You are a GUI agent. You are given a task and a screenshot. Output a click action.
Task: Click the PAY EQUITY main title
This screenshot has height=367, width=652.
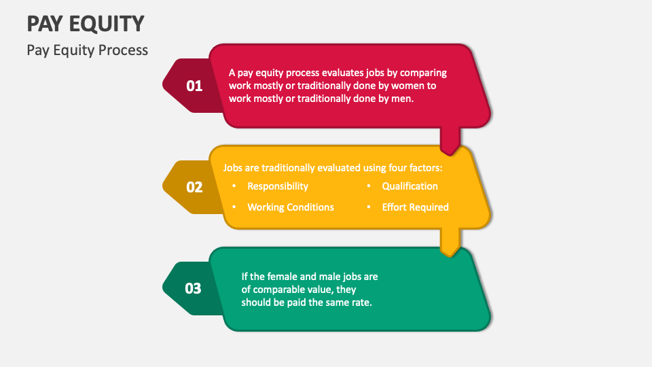(x=86, y=23)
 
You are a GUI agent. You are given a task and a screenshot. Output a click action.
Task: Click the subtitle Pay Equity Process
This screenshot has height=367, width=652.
(x=87, y=50)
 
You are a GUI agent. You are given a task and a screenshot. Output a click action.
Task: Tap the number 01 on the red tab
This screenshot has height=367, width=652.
(x=194, y=86)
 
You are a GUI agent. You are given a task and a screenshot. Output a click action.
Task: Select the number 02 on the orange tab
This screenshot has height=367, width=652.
(x=194, y=187)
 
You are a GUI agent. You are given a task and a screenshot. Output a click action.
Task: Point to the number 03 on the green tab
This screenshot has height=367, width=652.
(x=194, y=288)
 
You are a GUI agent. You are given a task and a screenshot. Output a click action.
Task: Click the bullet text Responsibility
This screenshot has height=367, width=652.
(x=277, y=186)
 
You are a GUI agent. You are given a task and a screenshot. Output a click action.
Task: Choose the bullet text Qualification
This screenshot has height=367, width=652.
(x=410, y=186)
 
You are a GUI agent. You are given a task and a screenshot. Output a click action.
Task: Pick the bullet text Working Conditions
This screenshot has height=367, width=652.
(x=290, y=207)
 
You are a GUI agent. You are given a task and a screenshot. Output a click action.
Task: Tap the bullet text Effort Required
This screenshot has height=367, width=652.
(x=415, y=207)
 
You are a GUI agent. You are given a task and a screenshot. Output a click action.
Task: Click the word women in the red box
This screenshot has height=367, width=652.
(x=420, y=86)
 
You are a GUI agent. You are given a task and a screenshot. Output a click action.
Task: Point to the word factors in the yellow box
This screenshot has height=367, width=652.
(x=424, y=167)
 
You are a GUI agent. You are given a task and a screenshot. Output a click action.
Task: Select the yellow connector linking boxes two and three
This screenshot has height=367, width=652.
(x=450, y=241)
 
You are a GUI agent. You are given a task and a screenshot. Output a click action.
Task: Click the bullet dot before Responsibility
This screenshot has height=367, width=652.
(x=234, y=186)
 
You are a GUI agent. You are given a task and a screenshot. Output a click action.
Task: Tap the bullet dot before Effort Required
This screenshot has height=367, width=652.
(x=369, y=207)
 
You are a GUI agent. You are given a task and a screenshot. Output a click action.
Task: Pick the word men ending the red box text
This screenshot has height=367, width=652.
(x=402, y=99)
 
